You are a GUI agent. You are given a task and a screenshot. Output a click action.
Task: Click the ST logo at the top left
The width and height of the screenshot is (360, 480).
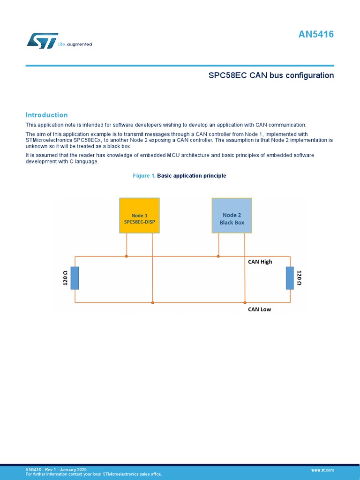tap(42, 40)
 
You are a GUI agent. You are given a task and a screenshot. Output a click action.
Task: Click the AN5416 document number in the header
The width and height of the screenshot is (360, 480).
tap(316, 35)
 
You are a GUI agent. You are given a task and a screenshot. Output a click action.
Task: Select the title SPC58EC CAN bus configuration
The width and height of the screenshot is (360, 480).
tap(271, 75)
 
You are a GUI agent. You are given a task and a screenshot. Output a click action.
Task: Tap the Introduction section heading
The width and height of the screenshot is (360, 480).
tap(46, 115)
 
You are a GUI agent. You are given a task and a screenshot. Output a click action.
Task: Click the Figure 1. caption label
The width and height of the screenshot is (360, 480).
tap(144, 176)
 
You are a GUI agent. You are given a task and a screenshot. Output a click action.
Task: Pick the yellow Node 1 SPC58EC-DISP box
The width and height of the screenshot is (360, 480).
tap(139, 216)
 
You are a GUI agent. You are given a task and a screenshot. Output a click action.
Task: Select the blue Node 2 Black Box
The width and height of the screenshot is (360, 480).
tap(232, 216)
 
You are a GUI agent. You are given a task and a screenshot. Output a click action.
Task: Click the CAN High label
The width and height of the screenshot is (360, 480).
tap(260, 262)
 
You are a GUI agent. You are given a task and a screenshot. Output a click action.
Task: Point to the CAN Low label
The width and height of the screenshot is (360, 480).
tap(259, 309)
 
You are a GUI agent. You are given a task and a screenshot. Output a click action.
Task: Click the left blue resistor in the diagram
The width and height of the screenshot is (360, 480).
tap(75, 278)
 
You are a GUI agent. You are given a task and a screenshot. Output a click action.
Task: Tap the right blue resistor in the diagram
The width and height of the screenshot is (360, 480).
tap(290, 278)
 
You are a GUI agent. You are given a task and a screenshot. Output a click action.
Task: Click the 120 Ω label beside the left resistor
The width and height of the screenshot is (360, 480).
tap(66, 278)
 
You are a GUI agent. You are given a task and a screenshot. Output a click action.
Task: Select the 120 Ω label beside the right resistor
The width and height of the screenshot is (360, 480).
tap(299, 278)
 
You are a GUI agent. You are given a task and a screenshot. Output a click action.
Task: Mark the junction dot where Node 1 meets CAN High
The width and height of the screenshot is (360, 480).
tap(127, 256)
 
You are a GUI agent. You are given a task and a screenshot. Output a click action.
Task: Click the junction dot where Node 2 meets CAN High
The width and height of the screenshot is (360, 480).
tap(218, 256)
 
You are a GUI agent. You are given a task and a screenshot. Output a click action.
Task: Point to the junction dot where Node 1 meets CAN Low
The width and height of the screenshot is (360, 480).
tap(152, 303)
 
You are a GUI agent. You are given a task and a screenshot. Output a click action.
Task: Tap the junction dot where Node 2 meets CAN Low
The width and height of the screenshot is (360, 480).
tap(245, 303)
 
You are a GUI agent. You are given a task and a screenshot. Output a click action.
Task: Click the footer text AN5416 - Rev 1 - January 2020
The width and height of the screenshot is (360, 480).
tap(56, 469)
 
